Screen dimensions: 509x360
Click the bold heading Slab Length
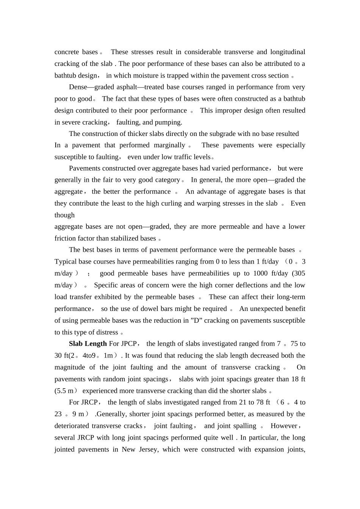pos(88,344)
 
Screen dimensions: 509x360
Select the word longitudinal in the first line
pos(288,52)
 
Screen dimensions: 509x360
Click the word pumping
pos(169,122)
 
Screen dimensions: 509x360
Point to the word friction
pos(66,239)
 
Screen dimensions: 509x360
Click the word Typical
pos(66,262)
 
